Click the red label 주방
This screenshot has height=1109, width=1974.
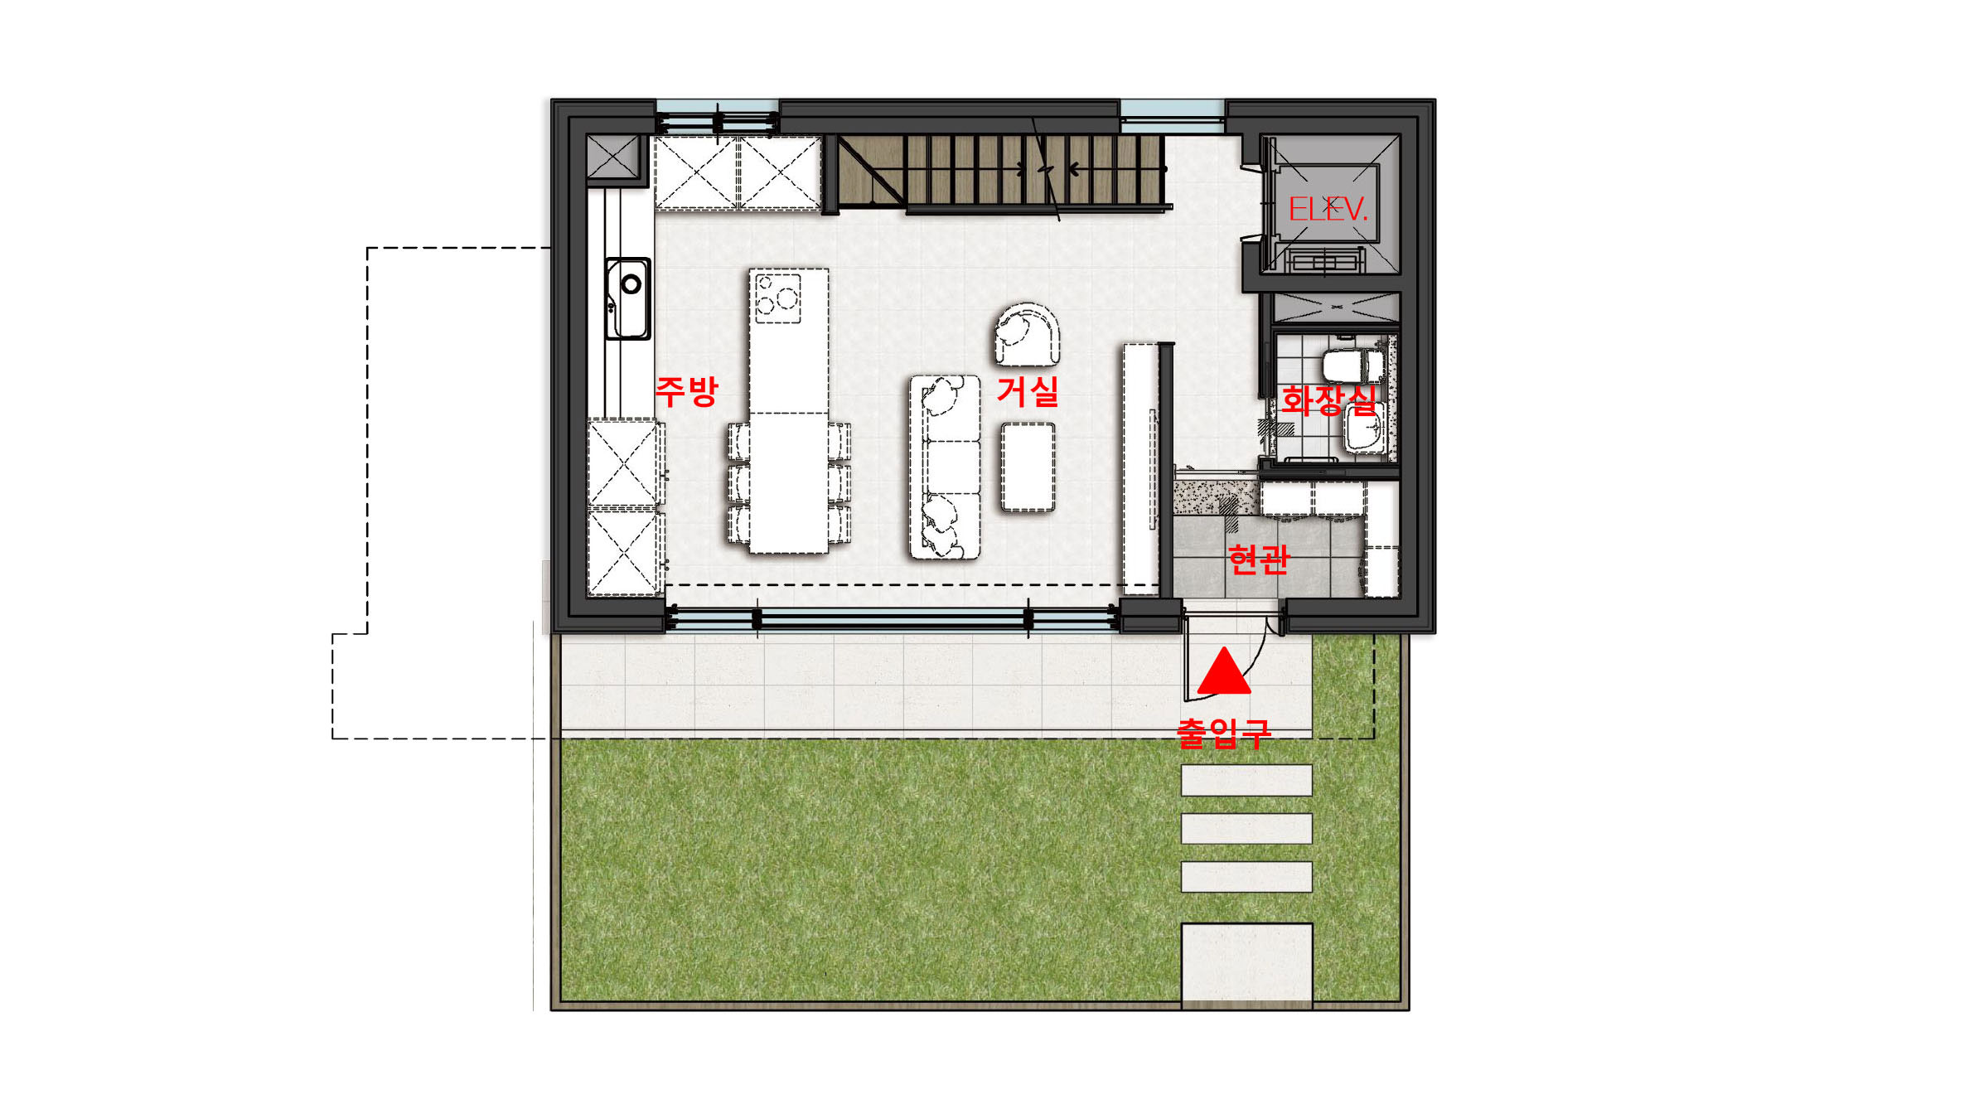point(686,390)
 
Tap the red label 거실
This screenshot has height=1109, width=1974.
point(1028,391)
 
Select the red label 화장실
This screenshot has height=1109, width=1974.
point(1328,400)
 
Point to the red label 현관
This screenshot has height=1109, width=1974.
point(1259,559)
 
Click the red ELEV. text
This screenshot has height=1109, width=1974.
point(1327,209)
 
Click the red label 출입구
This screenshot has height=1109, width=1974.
point(1223,734)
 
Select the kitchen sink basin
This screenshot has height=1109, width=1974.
point(627,298)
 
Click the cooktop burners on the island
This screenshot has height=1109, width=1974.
point(777,298)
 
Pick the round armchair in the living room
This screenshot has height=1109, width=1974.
point(1027,334)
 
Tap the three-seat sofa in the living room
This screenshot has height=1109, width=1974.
point(945,467)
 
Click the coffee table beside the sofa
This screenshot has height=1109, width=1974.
point(1028,467)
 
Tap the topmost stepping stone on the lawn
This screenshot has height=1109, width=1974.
point(1246,780)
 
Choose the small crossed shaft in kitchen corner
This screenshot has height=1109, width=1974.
point(614,156)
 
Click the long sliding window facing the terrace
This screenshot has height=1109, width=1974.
point(893,618)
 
